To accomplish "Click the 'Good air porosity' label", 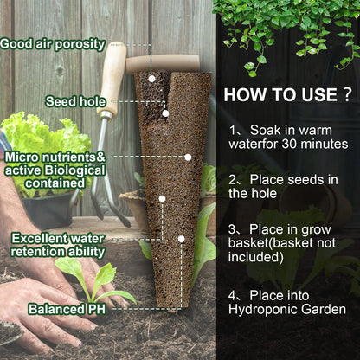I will click(x=53, y=43).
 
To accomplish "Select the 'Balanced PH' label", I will click(x=63, y=308).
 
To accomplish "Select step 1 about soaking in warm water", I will click(x=288, y=136).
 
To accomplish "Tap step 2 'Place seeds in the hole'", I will click(x=281, y=186).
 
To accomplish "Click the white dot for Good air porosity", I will click(x=152, y=78).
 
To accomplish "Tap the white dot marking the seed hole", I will click(x=165, y=112).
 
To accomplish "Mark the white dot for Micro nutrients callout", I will click(x=188, y=157).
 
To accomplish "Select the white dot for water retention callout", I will click(x=162, y=199).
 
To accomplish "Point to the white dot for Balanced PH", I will click(x=181, y=238).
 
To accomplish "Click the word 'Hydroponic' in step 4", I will click(x=268, y=307).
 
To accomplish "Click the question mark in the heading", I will click(x=347, y=93).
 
